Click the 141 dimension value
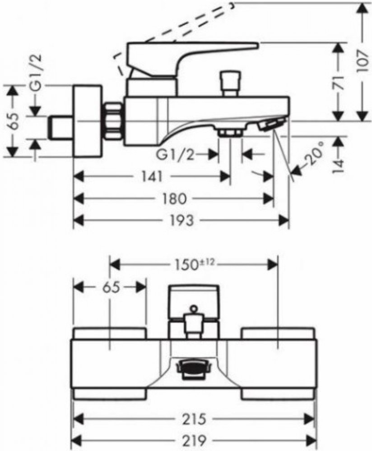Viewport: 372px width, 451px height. pos(152,175)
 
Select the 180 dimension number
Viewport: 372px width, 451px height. pos(173,198)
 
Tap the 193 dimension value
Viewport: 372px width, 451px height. pos(181,221)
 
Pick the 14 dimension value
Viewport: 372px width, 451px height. pos(338,166)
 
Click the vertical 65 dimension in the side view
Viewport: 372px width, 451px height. pos(12,121)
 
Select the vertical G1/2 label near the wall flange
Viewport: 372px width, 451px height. pos(36,73)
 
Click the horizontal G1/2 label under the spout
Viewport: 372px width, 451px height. pos(175,155)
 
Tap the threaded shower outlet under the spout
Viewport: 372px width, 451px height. pos(230,133)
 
